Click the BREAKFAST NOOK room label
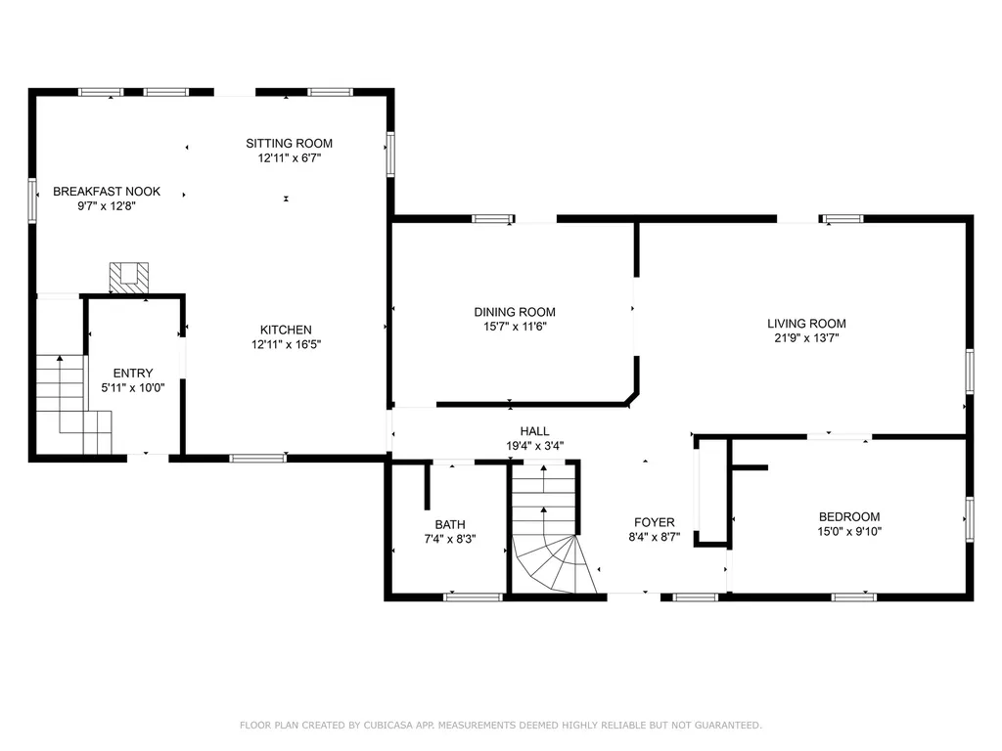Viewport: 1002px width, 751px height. coord(107,192)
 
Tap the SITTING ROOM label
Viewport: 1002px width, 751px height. coord(290,144)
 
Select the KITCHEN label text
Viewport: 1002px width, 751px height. coord(286,331)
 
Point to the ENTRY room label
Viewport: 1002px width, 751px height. coord(133,374)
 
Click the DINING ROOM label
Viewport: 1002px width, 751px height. coord(515,312)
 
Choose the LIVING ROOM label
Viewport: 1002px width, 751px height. coord(806,324)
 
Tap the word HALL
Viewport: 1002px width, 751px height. coord(535,431)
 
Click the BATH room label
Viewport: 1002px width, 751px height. coord(450,525)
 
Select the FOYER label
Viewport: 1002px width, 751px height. coord(655,523)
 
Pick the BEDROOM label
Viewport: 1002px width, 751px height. coord(849,517)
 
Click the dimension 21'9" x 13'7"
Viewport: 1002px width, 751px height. coord(806,338)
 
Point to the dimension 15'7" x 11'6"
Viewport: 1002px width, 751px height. coord(515,327)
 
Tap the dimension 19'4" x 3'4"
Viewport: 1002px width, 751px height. coord(535,446)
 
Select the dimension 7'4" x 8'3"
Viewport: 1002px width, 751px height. coord(450,540)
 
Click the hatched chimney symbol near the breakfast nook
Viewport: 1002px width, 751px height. coord(129,279)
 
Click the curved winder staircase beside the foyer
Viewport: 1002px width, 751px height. coord(554,562)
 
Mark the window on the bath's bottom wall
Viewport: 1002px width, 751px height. coord(474,597)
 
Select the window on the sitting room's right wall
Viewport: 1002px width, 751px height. coord(390,154)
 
